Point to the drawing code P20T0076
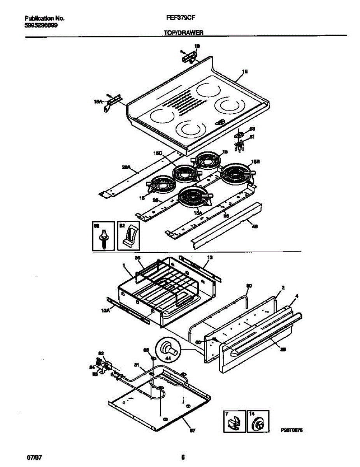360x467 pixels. click(292, 431)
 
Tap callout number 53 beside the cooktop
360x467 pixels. click(252, 129)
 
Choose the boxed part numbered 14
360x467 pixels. click(258, 422)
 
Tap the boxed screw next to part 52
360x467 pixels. click(104, 236)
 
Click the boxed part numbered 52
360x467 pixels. click(128, 236)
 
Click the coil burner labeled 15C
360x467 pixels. click(184, 172)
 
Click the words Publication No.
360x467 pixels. click(44, 18)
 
